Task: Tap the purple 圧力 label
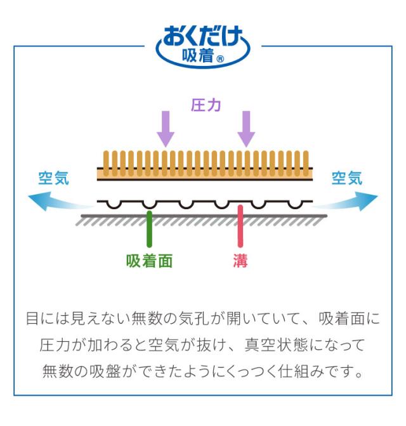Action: point(206,105)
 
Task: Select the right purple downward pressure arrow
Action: point(246,128)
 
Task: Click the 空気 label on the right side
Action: point(347,179)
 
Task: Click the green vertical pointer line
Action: point(149,228)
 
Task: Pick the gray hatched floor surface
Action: point(203,219)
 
